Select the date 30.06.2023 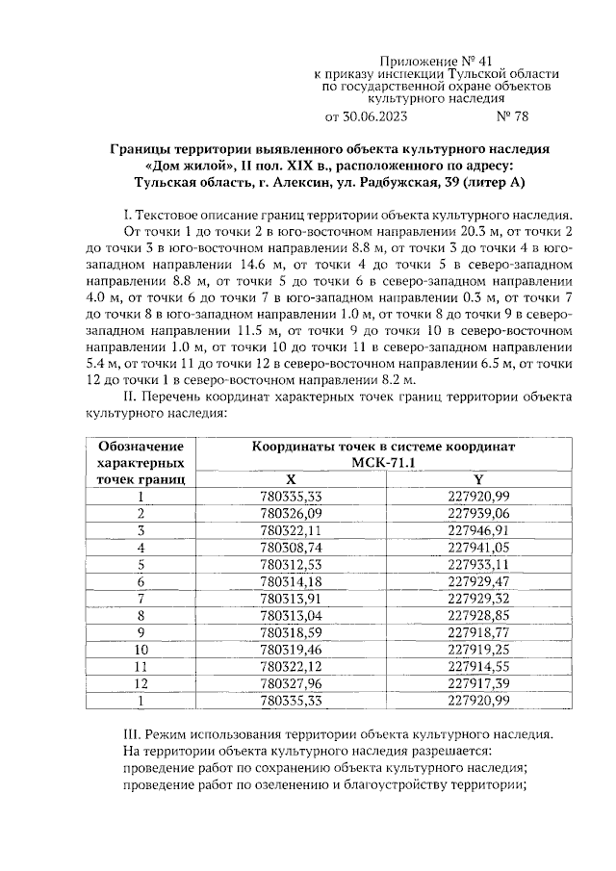click(380, 117)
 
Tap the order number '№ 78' click(510, 117)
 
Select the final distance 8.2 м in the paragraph click(384, 379)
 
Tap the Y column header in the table click(479, 478)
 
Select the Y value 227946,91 click(479, 530)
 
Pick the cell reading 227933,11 click(479, 564)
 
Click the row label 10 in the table click(141, 650)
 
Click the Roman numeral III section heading click(341, 733)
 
